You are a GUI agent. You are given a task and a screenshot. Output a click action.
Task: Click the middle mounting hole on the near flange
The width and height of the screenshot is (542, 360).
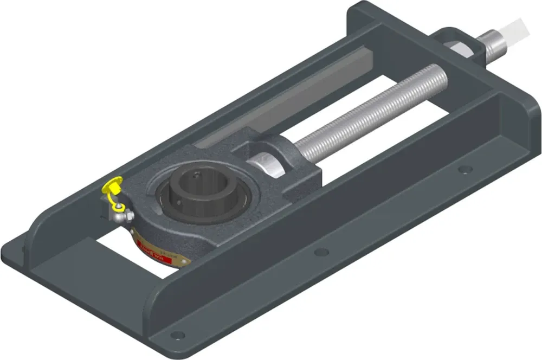pyautogui.click(x=321, y=252)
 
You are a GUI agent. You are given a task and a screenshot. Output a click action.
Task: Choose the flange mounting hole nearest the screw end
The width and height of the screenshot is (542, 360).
pyautogui.click(x=464, y=169)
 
